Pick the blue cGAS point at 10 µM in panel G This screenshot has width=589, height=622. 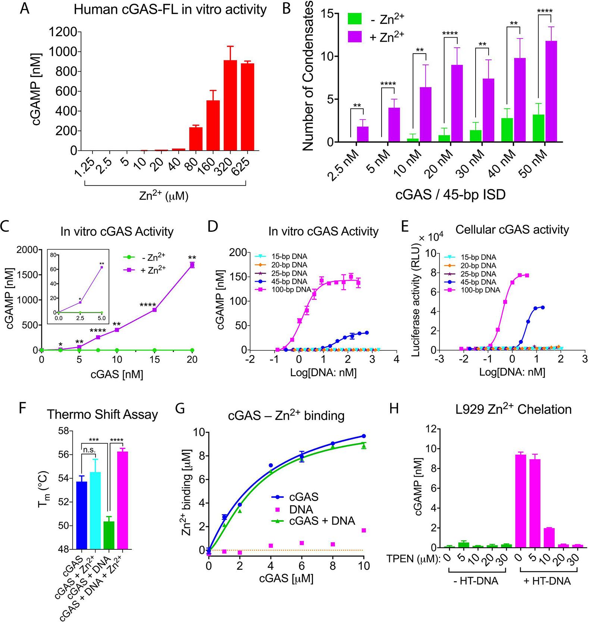coord(363,436)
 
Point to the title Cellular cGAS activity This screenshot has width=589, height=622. coord(512,230)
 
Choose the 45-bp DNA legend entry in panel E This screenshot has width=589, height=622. coord(479,282)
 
